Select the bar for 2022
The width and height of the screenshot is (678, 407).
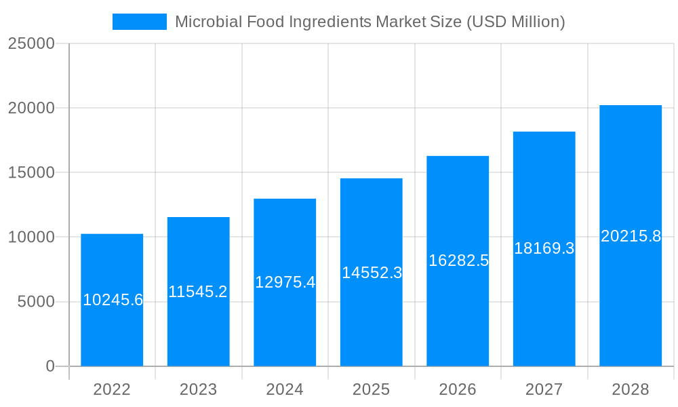[112, 332]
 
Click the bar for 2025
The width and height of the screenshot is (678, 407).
[371, 319]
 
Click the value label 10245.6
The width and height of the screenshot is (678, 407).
[113, 300]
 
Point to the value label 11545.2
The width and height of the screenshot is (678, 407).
[198, 292]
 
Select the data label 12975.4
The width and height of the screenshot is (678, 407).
[285, 282]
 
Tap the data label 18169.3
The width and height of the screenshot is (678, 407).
[544, 248]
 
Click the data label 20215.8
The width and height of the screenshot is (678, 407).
[631, 236]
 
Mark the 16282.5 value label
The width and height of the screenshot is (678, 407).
[458, 260]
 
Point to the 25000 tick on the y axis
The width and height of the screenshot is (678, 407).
[31, 43]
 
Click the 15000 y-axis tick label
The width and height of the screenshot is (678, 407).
[31, 172]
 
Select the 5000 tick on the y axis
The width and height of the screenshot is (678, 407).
[35, 302]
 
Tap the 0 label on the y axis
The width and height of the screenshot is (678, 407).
[50, 366]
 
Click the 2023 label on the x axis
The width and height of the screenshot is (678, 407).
[198, 389]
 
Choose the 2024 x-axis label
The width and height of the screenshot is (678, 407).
[285, 389]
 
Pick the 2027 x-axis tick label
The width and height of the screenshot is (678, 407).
[544, 389]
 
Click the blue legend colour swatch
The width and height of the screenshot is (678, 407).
[139, 22]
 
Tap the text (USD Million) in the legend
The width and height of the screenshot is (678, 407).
[515, 22]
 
